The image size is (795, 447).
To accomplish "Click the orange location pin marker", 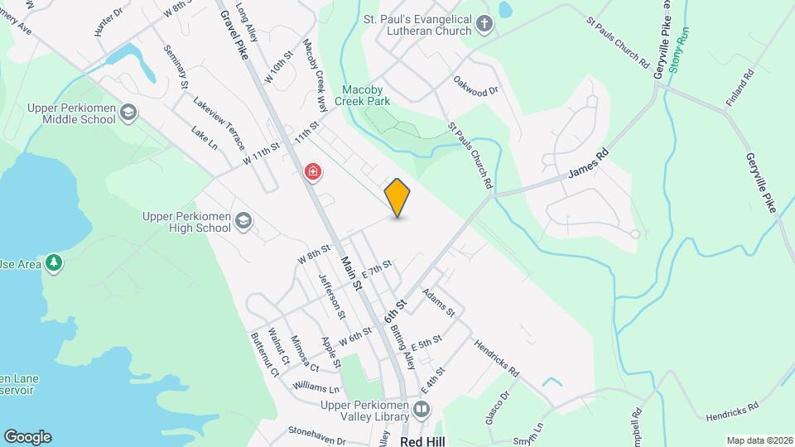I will (397, 197).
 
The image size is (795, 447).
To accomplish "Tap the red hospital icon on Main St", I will (313, 172).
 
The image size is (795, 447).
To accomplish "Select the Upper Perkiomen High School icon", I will (243, 220).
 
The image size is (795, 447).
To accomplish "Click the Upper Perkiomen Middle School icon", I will (128, 112).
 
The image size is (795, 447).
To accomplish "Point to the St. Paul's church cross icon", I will (485, 26).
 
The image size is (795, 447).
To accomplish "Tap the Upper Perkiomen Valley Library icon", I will (422, 409).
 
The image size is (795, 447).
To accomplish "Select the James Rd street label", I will (588, 164).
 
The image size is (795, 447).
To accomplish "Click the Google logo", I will (27, 436).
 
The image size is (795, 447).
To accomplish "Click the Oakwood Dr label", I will (477, 85).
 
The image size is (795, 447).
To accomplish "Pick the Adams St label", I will (438, 302).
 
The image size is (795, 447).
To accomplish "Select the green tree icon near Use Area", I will (54, 262).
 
